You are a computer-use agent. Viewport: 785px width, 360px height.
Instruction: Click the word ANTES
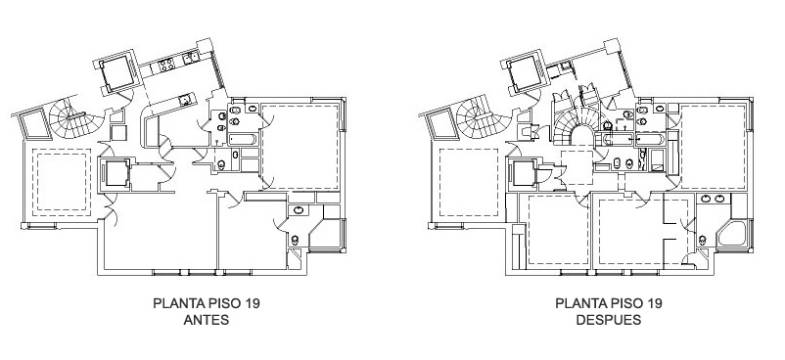207,320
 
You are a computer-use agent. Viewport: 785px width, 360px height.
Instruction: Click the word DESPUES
608,320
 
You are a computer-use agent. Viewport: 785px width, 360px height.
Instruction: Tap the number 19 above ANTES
252,303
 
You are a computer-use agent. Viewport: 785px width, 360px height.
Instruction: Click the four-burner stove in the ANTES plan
166,65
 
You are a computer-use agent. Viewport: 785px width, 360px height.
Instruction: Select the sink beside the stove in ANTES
190,58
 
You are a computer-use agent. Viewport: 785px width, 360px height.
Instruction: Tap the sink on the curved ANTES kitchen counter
185,101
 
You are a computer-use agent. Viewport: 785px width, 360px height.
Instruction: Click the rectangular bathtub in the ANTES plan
243,139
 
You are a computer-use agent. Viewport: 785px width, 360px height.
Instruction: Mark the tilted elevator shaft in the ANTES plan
117,73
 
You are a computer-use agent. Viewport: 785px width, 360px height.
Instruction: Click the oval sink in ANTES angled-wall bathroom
299,210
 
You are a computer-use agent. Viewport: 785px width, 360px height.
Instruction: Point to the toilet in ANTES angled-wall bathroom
295,240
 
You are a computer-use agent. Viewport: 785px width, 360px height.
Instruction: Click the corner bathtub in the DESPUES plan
732,234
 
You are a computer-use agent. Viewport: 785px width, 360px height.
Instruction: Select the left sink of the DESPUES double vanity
706,199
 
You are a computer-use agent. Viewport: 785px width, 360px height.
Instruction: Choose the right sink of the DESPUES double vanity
720,199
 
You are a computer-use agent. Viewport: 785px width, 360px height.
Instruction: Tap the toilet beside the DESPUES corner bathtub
703,241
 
